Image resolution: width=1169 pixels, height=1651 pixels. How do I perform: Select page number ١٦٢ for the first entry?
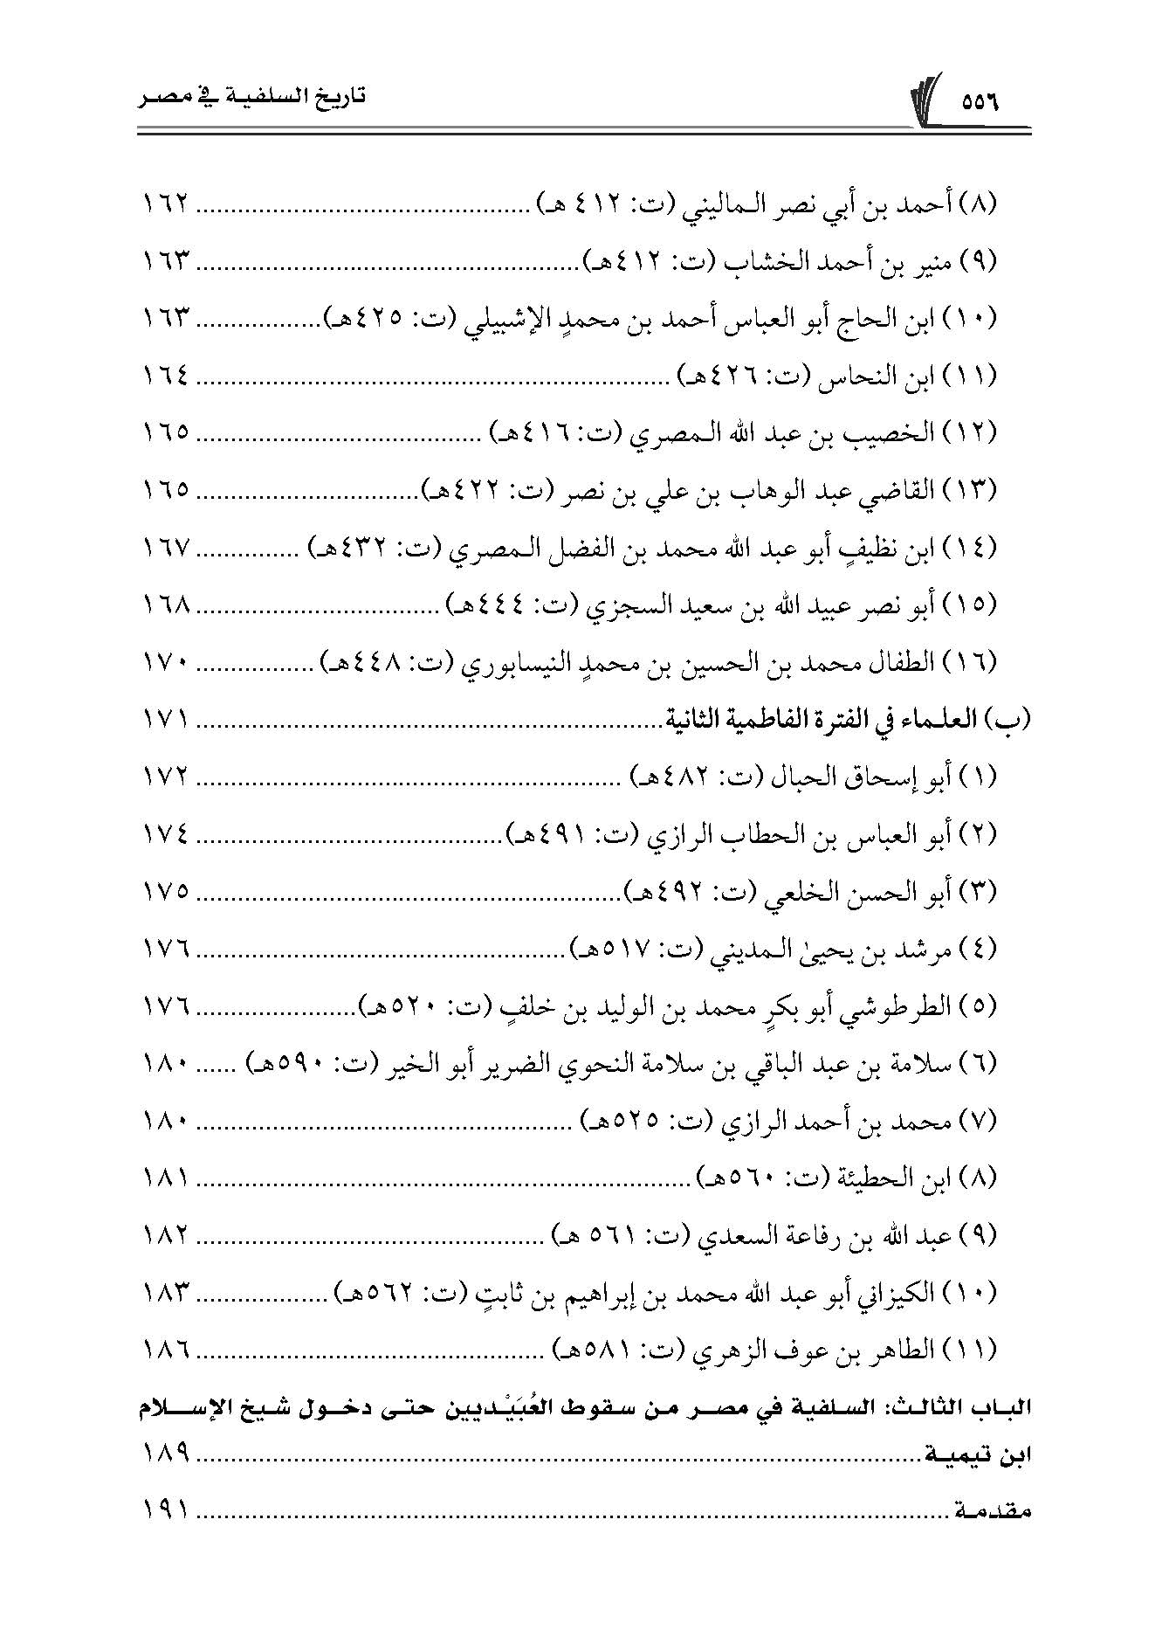(x=166, y=207)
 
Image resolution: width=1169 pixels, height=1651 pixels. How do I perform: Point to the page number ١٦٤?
(x=166, y=376)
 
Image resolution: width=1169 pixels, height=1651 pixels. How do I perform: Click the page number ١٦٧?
(x=166, y=549)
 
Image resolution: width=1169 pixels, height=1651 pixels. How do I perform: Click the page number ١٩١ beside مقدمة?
(x=166, y=1510)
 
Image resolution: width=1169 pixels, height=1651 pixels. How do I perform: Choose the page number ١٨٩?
(x=166, y=1456)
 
